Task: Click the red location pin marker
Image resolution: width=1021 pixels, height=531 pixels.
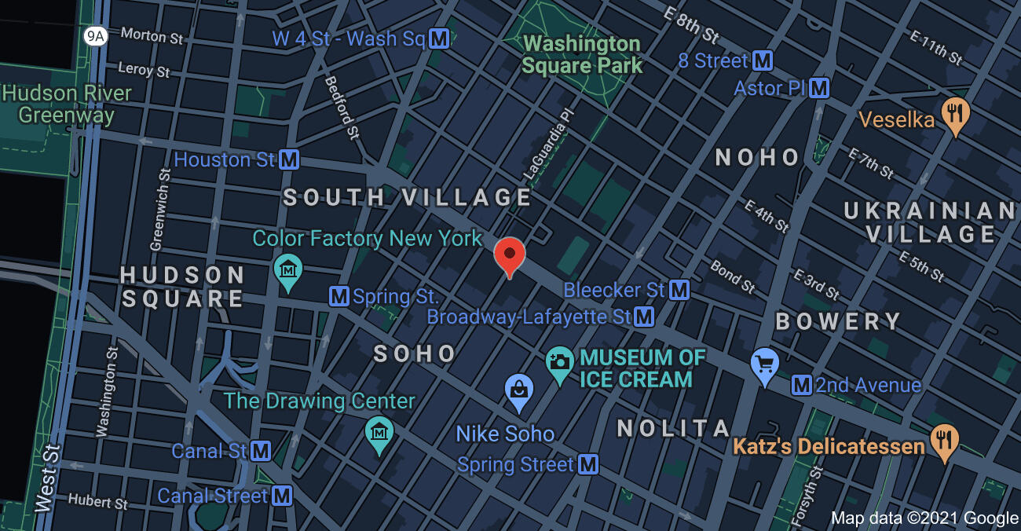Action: (x=509, y=255)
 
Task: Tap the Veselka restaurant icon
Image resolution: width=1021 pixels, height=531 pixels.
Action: (x=955, y=115)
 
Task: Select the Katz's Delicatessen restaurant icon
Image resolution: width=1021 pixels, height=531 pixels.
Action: (x=943, y=441)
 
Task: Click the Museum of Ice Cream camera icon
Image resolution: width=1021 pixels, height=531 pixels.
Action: (x=559, y=364)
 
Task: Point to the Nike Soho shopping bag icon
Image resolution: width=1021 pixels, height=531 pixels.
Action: (x=519, y=391)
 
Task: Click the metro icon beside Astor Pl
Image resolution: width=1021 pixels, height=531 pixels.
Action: (x=819, y=87)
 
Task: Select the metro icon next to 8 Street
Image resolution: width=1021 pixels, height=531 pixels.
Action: (x=762, y=60)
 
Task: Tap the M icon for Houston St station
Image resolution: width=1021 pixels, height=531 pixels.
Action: (x=289, y=160)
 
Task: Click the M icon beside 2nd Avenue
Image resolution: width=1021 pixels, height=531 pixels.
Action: (x=802, y=385)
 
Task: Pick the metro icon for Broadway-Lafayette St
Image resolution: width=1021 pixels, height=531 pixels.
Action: (x=645, y=317)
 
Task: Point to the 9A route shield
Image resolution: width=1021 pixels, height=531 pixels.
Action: (x=95, y=36)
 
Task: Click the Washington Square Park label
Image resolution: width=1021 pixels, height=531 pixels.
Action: (x=582, y=54)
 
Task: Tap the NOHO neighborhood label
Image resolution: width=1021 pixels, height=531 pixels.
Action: (x=757, y=157)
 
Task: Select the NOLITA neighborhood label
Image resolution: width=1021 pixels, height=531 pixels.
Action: (x=674, y=428)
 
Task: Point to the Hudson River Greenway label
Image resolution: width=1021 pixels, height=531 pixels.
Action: (x=67, y=104)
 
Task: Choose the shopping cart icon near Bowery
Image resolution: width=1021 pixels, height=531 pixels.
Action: (x=764, y=365)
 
